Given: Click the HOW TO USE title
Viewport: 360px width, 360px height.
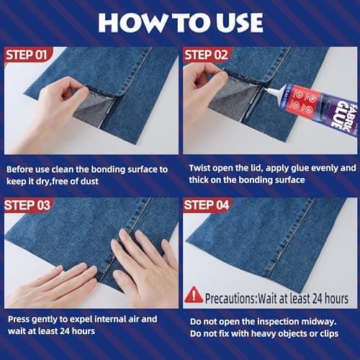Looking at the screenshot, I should pos(180,22).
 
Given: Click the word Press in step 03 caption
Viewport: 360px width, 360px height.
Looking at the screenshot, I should pos(19,318).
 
